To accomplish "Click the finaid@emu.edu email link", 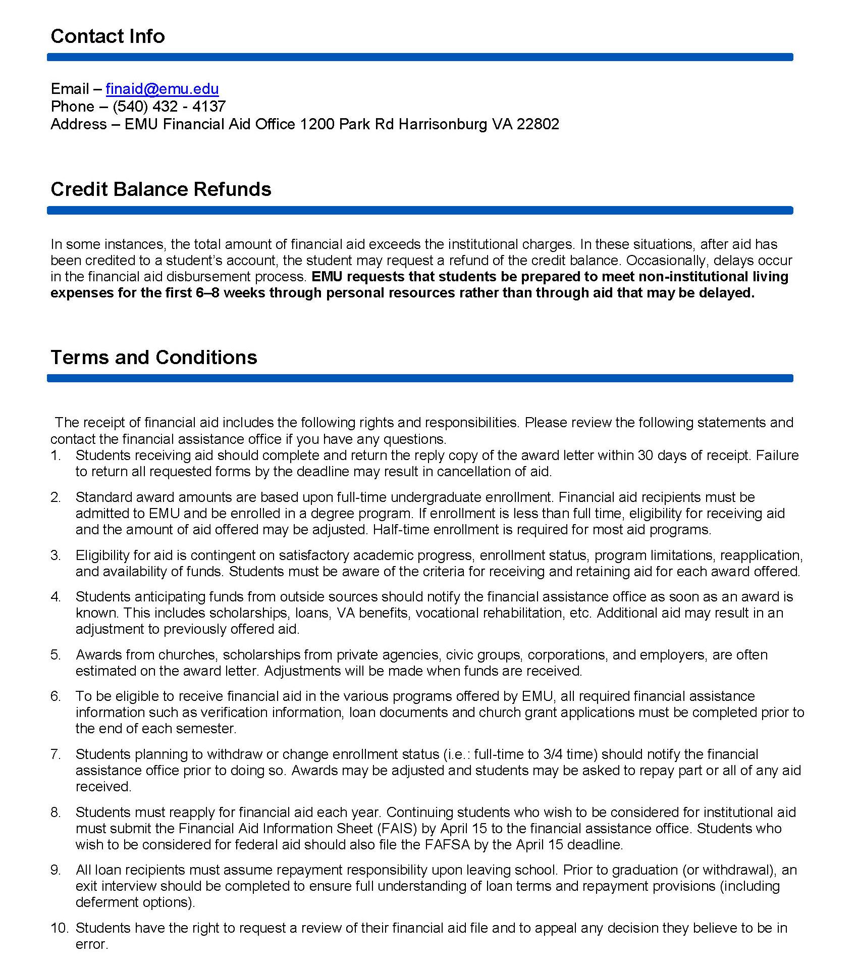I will (162, 89).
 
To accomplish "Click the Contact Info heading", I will (108, 36).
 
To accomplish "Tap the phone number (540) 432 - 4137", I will (169, 107).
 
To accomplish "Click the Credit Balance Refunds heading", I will (160, 189).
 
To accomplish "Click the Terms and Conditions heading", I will (153, 358).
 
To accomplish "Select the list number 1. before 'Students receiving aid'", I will (56, 455).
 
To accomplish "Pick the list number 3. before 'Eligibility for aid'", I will (56, 555).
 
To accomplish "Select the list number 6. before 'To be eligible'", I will (56, 696).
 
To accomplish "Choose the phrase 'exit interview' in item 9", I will (116, 886).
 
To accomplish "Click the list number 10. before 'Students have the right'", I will (59, 928).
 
